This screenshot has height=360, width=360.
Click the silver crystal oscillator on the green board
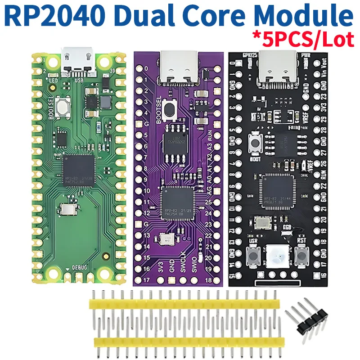pos(67,209)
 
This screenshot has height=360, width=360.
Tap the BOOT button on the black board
pos(256,144)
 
